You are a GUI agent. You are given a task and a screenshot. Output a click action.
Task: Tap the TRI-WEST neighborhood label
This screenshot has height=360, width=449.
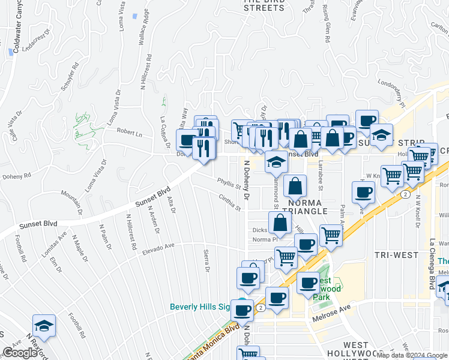click(x=396, y=255)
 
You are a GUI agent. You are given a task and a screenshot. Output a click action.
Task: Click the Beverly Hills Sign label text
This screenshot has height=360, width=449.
click(x=200, y=307)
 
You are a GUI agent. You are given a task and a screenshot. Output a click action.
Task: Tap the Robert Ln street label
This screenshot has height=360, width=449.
click(x=129, y=132)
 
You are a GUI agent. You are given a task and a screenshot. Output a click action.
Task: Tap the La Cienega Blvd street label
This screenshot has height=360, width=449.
click(x=432, y=264)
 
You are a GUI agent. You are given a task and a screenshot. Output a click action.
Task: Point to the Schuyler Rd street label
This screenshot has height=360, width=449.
click(x=68, y=77)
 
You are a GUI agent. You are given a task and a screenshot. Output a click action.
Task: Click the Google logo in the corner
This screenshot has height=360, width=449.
click(x=19, y=353)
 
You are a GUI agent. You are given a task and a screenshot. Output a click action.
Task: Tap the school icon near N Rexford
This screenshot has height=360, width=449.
click(x=44, y=326)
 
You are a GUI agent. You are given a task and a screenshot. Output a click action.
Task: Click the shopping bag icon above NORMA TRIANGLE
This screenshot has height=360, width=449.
click(x=295, y=187)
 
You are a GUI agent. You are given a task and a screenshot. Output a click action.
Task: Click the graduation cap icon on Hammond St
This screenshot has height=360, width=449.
click(x=276, y=162)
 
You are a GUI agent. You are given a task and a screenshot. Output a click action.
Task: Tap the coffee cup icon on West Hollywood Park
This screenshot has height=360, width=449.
click(x=309, y=283)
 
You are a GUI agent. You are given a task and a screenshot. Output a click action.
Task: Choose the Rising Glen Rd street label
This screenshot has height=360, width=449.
click(x=326, y=24)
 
